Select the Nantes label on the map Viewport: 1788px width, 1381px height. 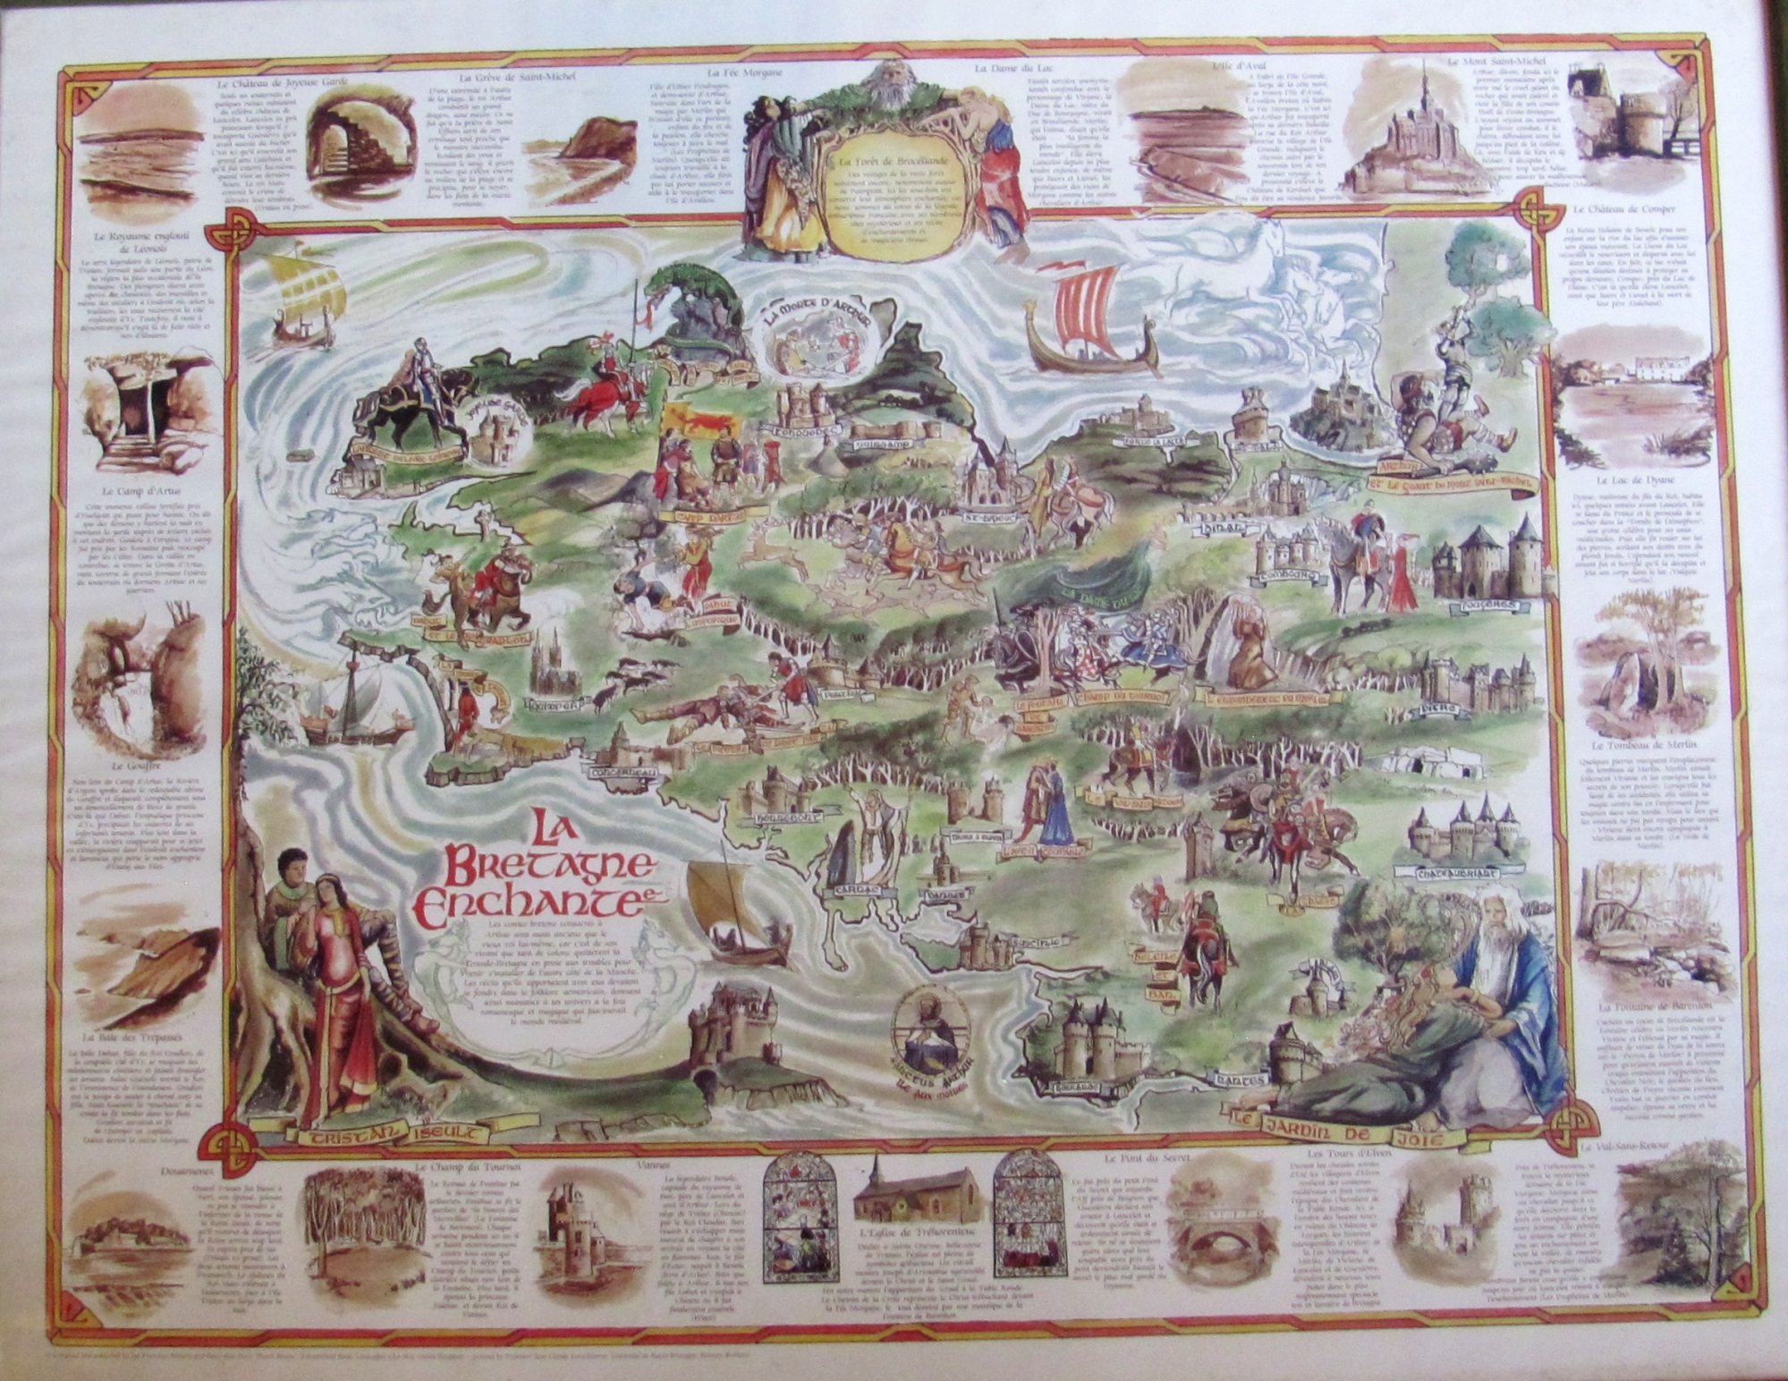point(1225,1080)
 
